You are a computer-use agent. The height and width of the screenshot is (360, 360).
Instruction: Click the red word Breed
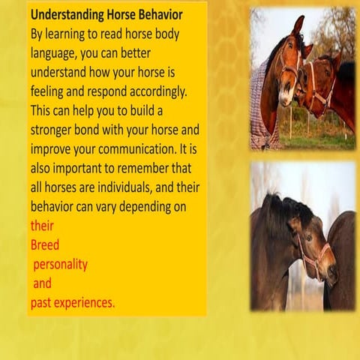coord(45,244)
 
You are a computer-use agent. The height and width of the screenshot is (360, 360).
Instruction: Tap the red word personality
coord(60,264)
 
